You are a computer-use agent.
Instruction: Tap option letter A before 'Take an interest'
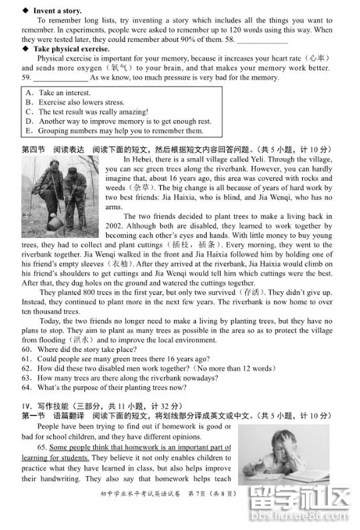pyautogui.click(x=29, y=93)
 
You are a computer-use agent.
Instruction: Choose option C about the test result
pyautogui.click(x=29, y=111)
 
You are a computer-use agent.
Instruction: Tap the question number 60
pyautogui.click(x=27, y=349)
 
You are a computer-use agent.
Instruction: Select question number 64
pyautogui.click(x=27, y=387)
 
